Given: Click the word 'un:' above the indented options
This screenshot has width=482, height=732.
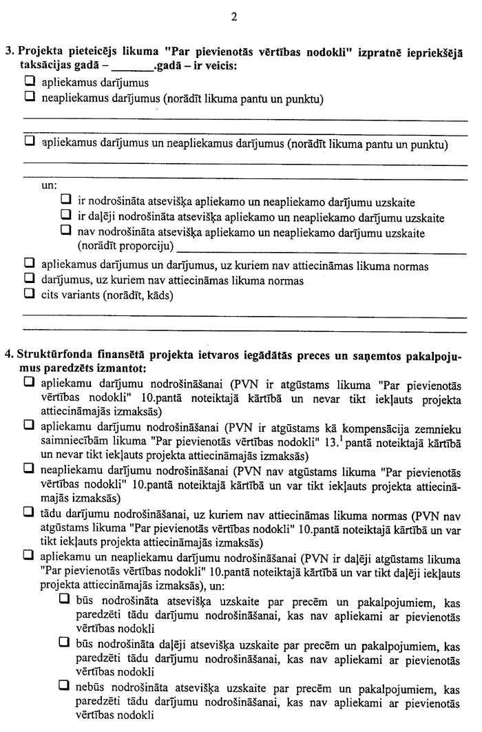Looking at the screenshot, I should point(50,185).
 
